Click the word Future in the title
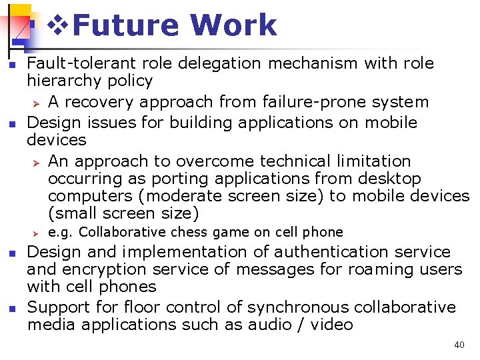pyautogui.click(x=126, y=25)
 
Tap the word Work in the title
pyautogui.click(x=233, y=25)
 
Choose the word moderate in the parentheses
pyautogui.click(x=174, y=196)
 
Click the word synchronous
pyautogui.click(x=298, y=307)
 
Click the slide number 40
pyautogui.click(x=459, y=345)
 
